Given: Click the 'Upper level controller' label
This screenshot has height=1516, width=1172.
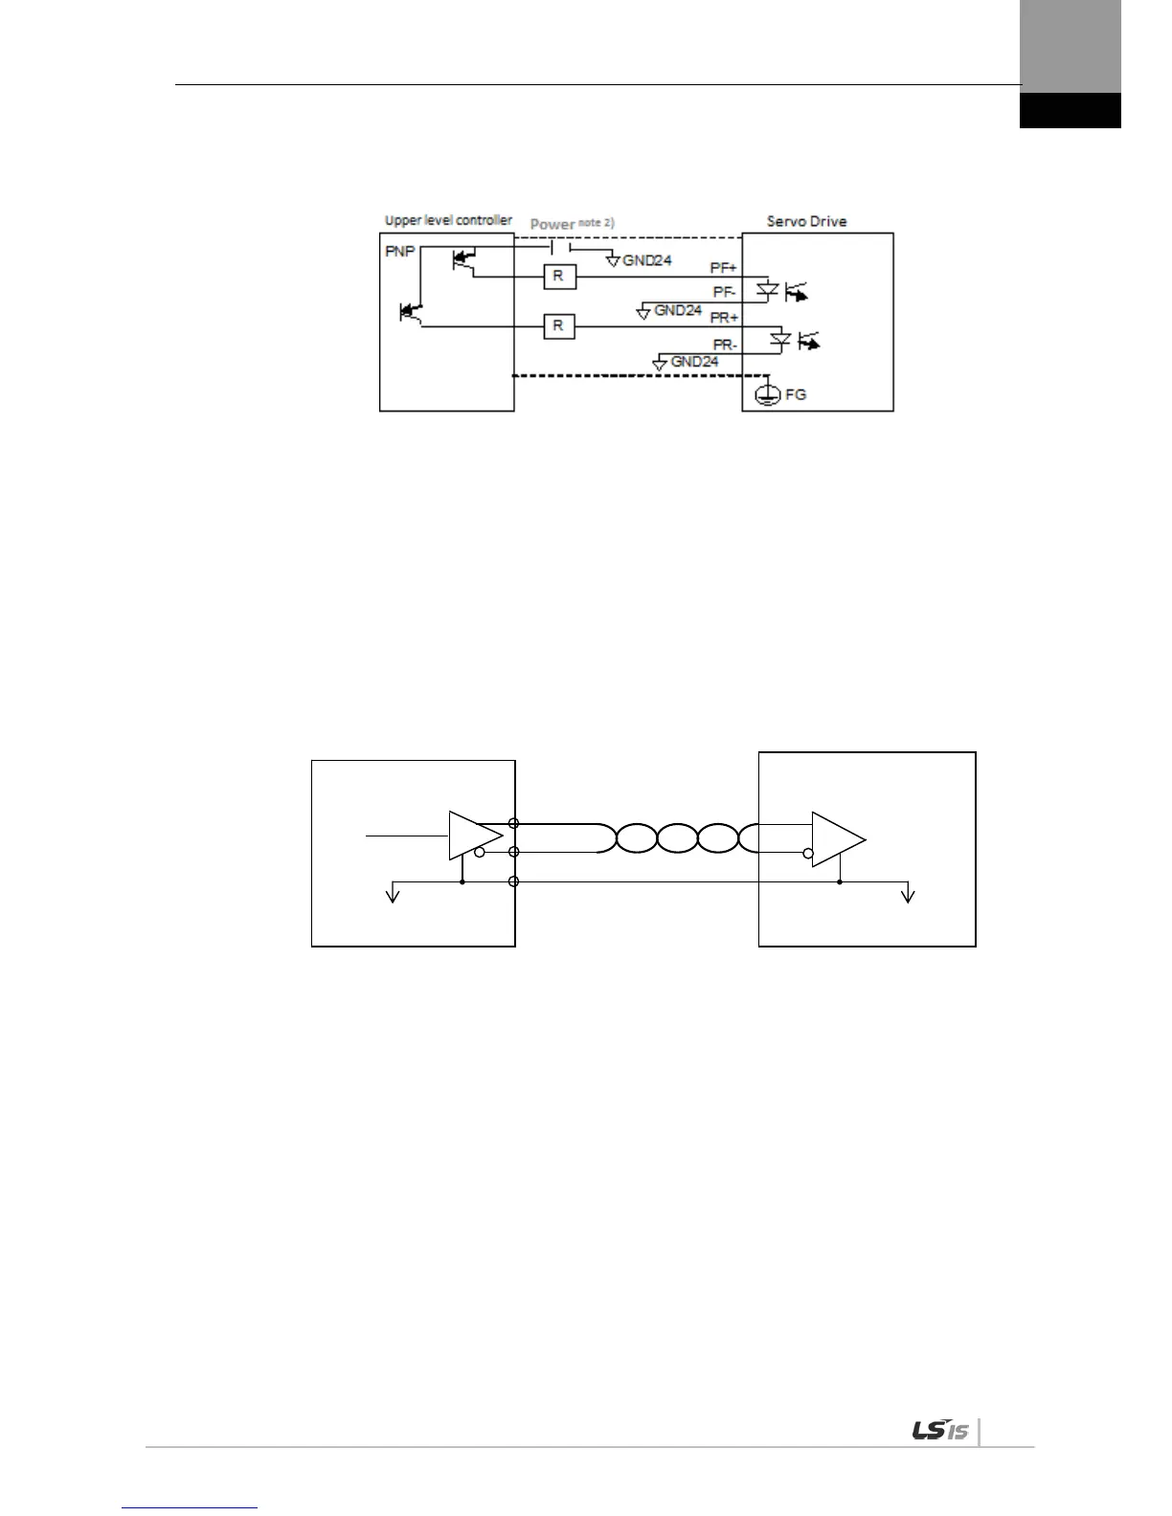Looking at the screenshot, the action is pos(447,220).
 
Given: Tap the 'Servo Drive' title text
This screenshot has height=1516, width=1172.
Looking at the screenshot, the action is pos(806,221).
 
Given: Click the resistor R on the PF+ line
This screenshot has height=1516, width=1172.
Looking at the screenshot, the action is pos(557,278).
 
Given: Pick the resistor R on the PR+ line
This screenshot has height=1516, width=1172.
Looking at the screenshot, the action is pos(557,326).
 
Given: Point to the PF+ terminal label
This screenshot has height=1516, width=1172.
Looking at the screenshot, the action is pos(723,269).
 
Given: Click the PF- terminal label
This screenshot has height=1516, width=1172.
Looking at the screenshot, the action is pos(724,293).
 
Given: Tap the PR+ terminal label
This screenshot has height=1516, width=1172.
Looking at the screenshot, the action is pos(724,317).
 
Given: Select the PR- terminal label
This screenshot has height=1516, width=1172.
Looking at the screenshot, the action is pos(724,343).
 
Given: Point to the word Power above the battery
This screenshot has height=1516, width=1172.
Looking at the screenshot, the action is pos(552,224).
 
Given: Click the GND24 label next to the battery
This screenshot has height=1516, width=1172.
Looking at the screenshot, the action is pos(646,259).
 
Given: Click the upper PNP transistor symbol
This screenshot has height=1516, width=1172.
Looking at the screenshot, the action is pos(463,258).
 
